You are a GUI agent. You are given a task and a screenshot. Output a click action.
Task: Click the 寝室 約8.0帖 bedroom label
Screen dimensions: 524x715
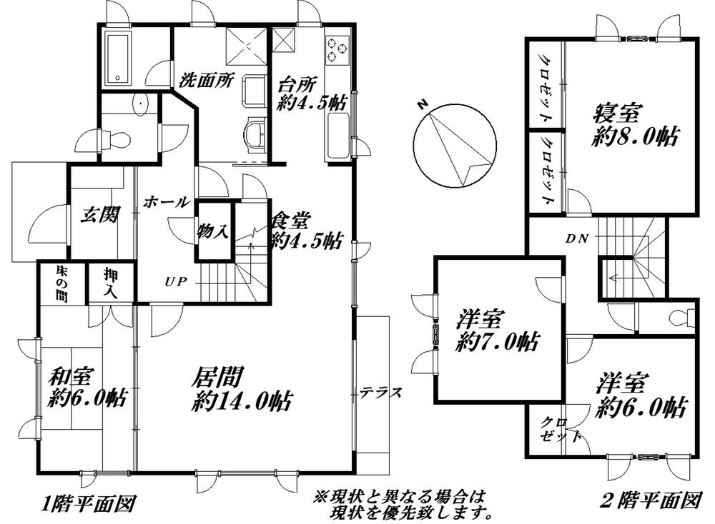click(635, 125)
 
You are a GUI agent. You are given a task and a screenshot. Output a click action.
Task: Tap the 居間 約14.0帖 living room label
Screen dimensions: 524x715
click(240, 389)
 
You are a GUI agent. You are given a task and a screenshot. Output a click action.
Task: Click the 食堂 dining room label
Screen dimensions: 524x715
click(305, 230)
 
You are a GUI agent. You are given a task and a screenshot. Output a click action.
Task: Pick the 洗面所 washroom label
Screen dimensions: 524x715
click(207, 79)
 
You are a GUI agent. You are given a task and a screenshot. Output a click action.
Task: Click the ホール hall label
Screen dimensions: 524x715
click(166, 203)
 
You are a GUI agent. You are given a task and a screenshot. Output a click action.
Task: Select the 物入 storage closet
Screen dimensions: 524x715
click(214, 231)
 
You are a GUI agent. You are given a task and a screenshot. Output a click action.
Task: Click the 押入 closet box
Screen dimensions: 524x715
click(110, 283)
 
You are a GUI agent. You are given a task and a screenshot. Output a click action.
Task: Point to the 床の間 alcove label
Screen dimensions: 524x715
click(62, 283)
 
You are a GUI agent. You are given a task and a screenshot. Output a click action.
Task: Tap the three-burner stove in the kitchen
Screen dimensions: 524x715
click(337, 49)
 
